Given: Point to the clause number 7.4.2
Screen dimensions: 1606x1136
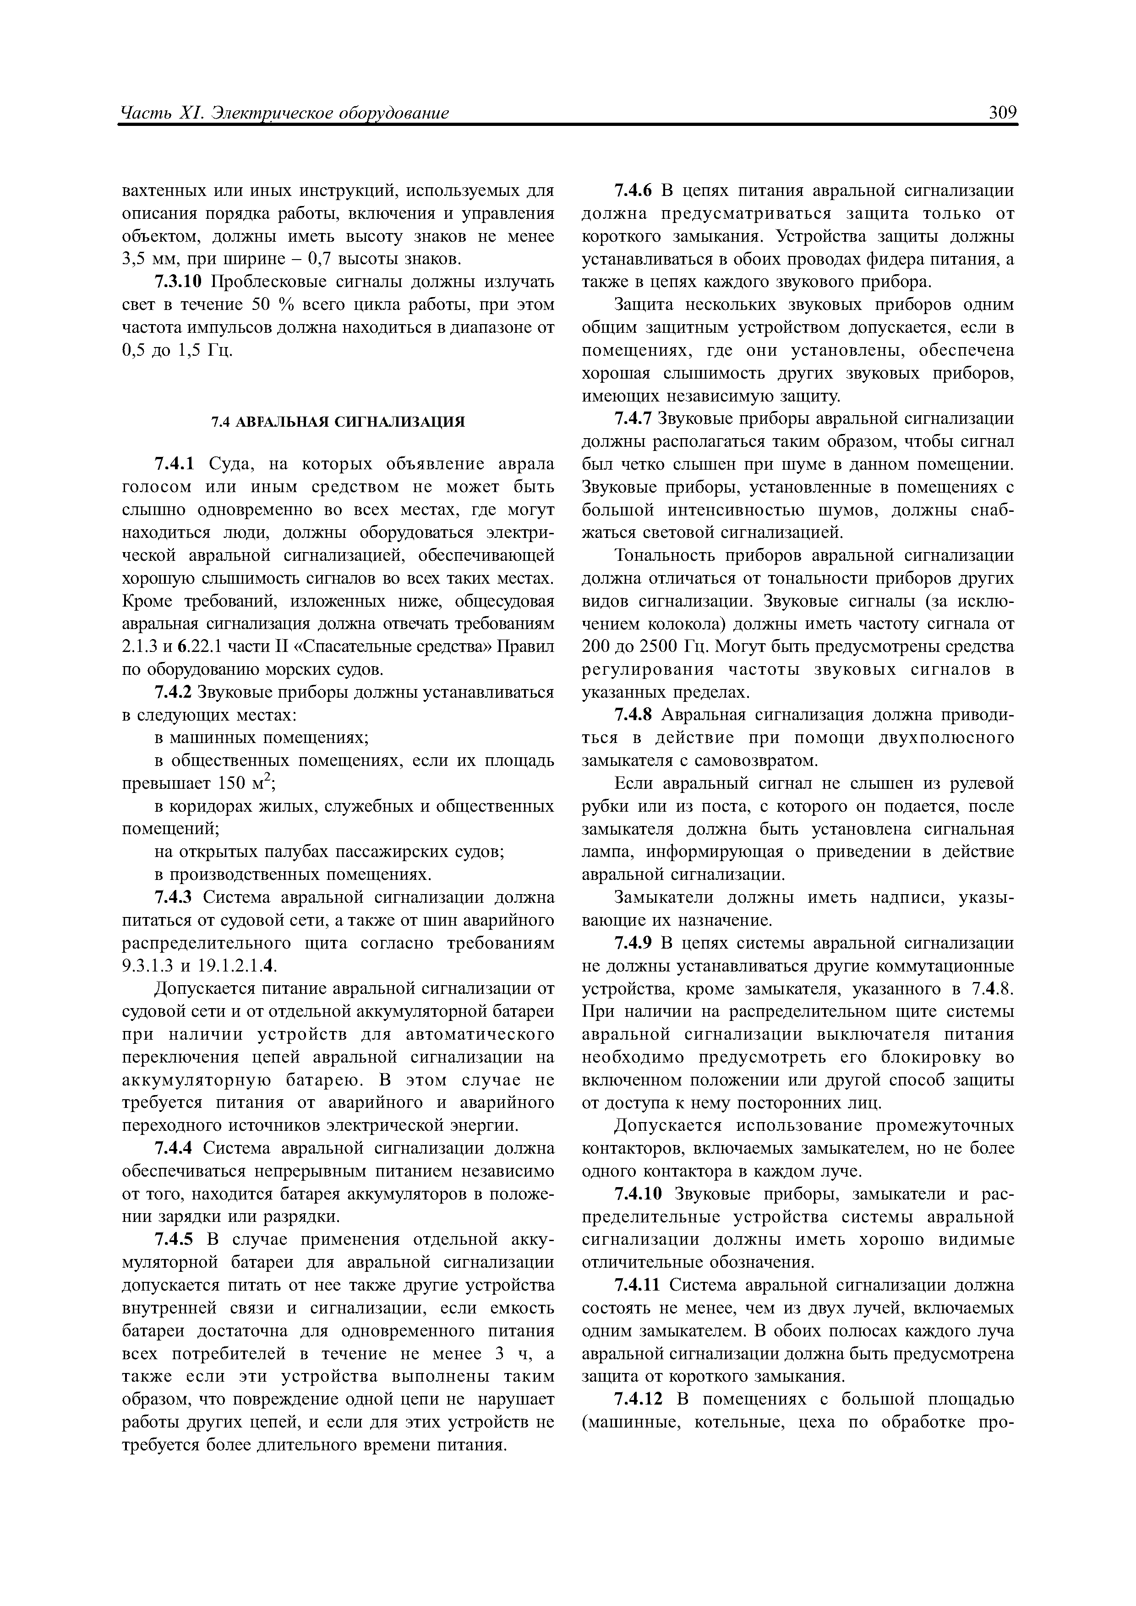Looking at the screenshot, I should pyautogui.click(x=174, y=693).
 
